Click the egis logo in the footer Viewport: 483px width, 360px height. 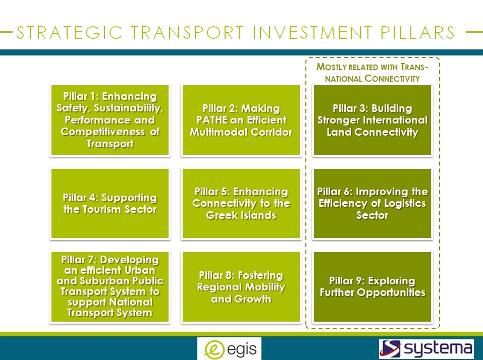[229, 349]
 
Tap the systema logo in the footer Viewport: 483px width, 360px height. [426, 349]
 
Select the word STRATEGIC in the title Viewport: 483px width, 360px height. [70, 32]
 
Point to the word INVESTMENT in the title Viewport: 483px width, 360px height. [312, 32]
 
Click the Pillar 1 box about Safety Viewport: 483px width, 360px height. [110, 120]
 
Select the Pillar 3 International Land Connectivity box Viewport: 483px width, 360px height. [372, 120]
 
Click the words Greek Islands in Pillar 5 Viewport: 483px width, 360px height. [241, 215]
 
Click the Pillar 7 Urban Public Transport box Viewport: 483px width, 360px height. [110, 287]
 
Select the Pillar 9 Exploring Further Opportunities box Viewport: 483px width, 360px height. [372, 287]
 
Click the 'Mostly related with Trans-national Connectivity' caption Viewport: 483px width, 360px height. [372, 73]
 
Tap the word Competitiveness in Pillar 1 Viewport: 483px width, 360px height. [102, 132]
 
